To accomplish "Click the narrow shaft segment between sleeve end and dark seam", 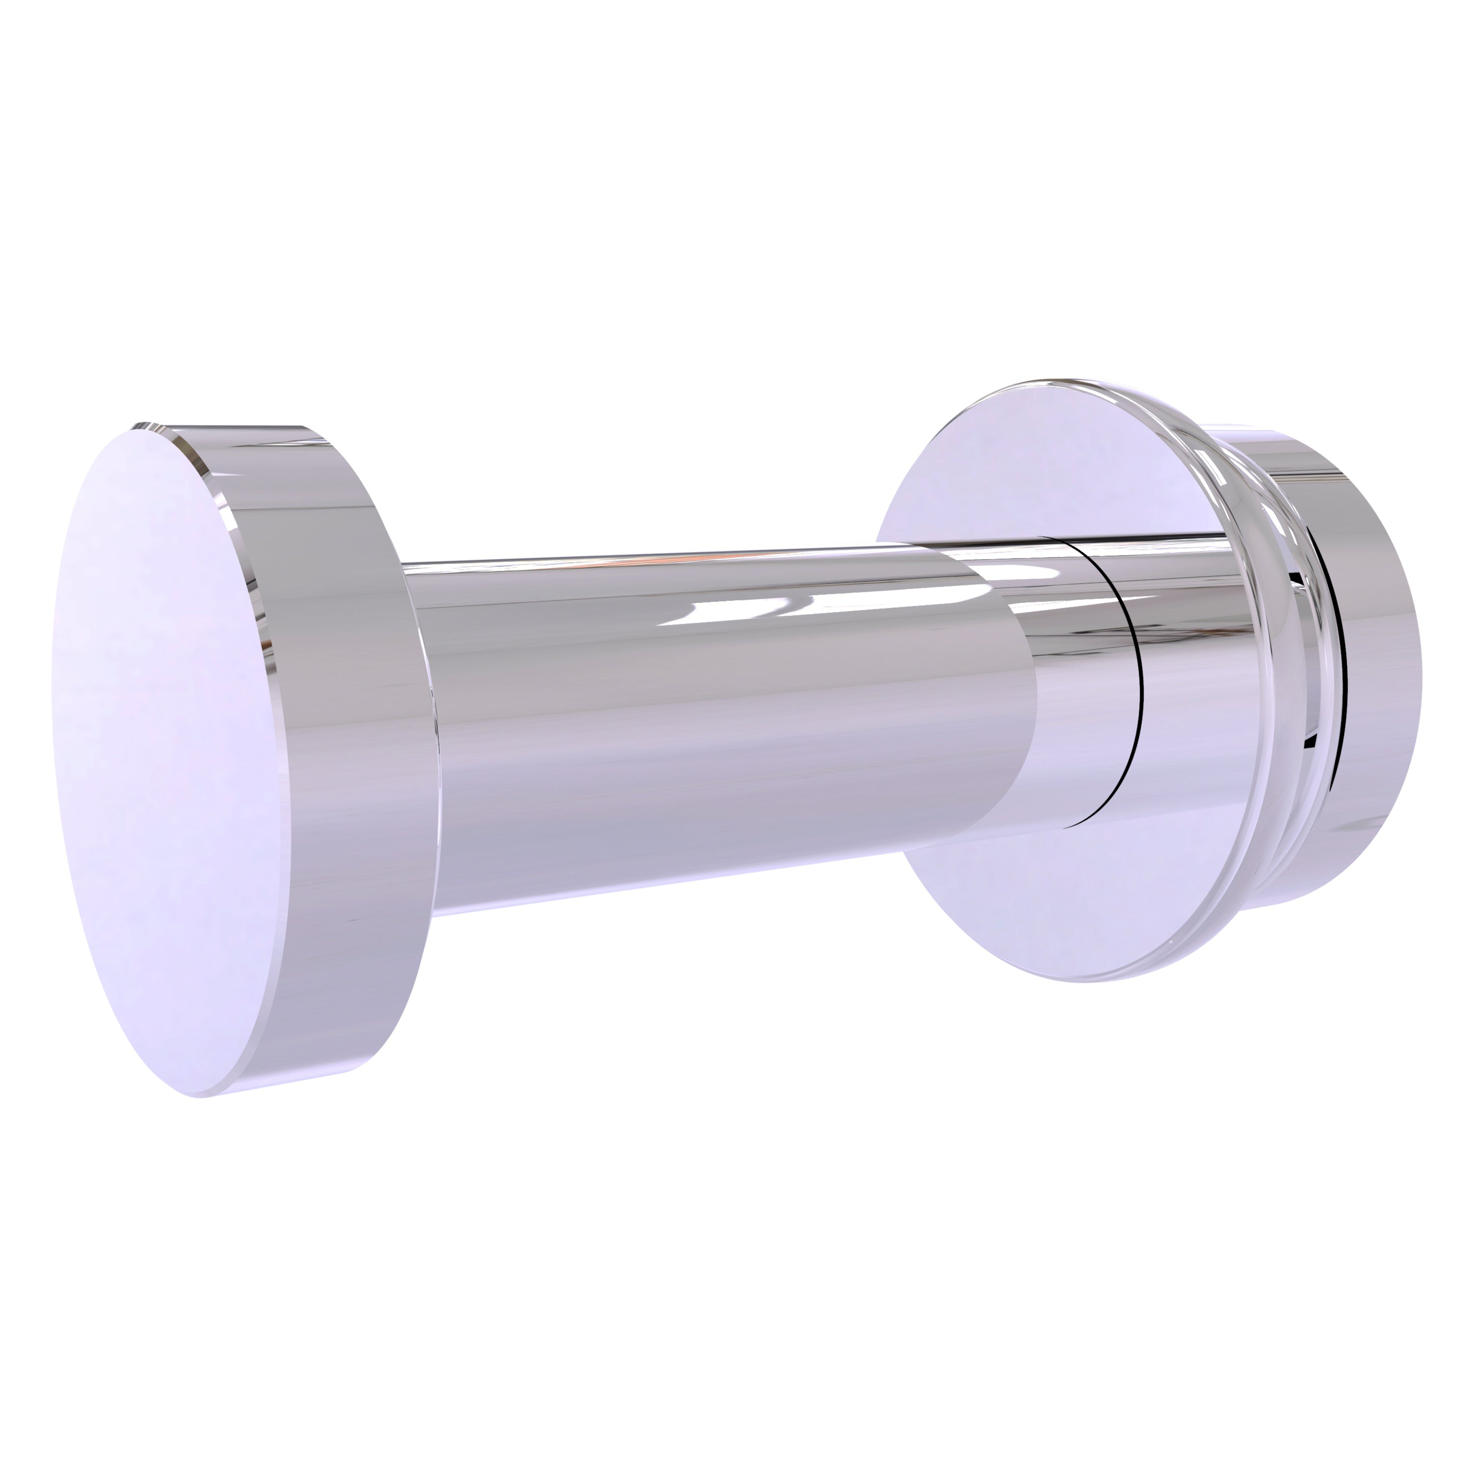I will point(1084,687).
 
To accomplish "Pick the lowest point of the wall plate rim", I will point(1084,980).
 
